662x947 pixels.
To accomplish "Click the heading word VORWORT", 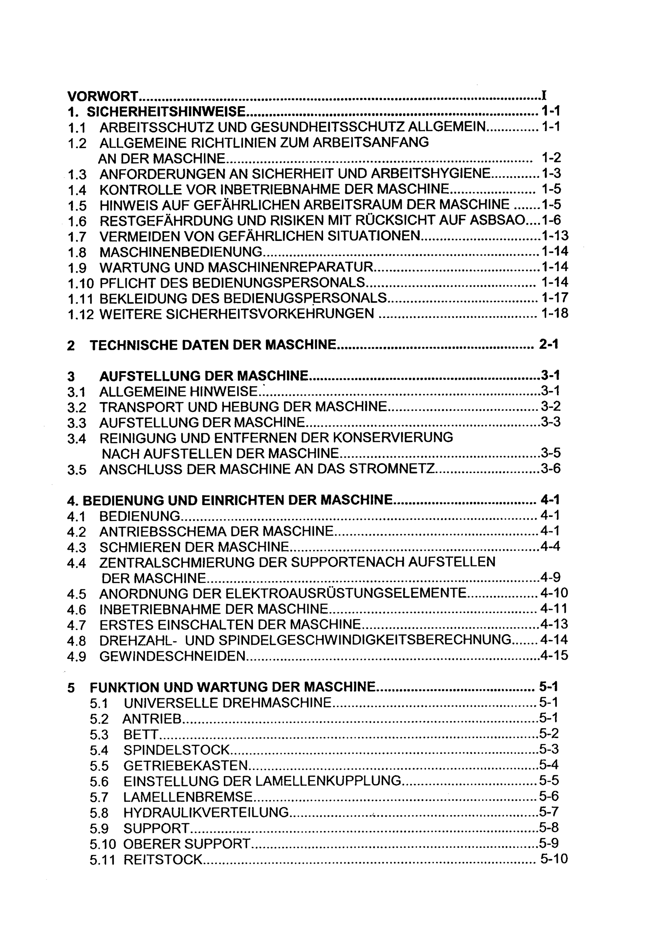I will pyautogui.click(x=103, y=96).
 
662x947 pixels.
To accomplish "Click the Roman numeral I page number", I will pyautogui.click(x=544, y=96).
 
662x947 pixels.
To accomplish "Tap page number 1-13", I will pyautogui.click(x=555, y=236).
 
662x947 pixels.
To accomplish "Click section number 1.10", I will pyautogui.click(x=81, y=283).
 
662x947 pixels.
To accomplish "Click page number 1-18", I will pyautogui.click(x=555, y=314).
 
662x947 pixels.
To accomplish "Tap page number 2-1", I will pyautogui.click(x=548, y=345).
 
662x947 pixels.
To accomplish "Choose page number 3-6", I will pyautogui.click(x=551, y=469).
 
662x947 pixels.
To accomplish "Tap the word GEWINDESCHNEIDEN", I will pyautogui.click(x=173, y=656).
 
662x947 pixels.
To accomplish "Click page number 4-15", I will pyautogui.click(x=554, y=656).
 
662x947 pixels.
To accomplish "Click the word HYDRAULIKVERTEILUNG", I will pyautogui.click(x=206, y=812).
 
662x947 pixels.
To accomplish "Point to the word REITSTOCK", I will pyautogui.click(x=163, y=859).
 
